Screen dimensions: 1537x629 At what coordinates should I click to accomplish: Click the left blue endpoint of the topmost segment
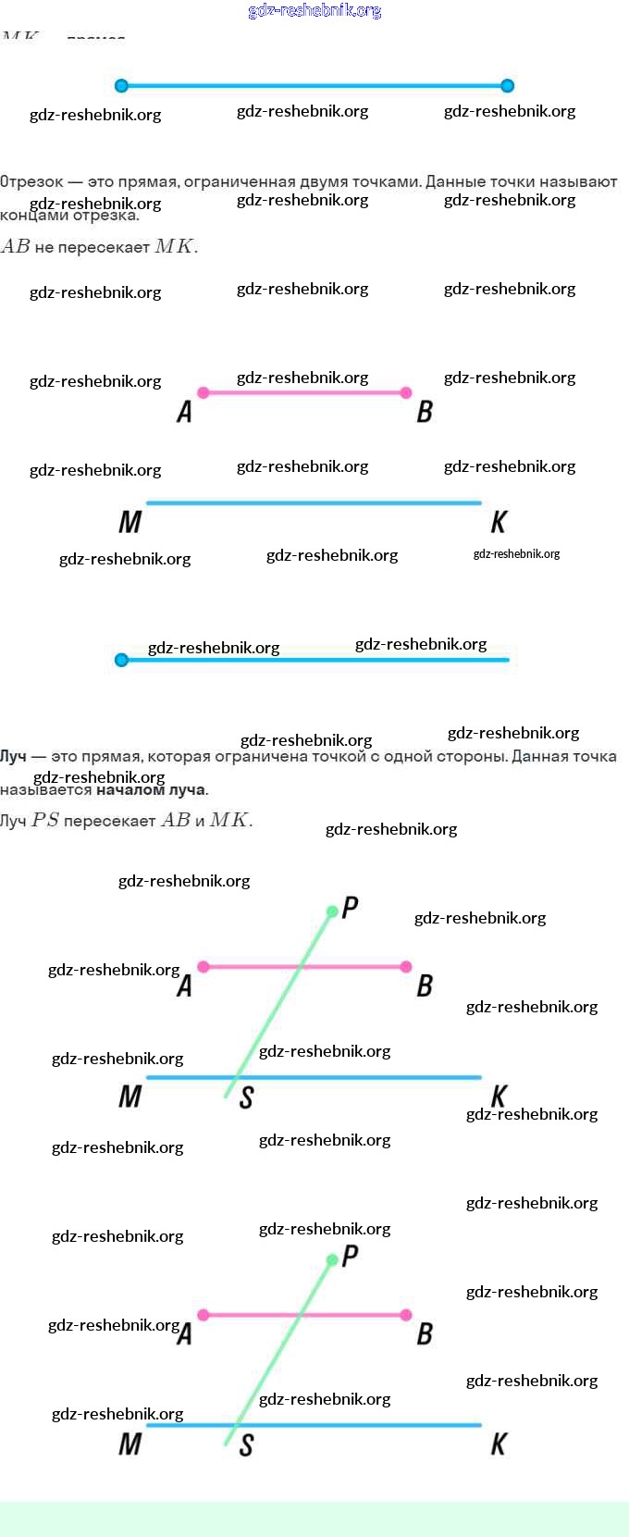121,86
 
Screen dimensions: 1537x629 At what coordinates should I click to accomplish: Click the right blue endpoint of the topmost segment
507,86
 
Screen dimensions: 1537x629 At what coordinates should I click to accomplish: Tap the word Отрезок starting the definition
31,182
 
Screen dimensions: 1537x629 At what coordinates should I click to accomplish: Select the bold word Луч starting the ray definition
13,756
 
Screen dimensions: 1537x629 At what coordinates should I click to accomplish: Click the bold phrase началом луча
151,789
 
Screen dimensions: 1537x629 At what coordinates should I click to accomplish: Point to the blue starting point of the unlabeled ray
121,660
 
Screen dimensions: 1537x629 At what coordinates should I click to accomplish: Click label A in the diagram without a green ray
185,412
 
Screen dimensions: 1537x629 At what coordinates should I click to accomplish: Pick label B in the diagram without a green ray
425,412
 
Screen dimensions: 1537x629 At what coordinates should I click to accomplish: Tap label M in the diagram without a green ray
129,523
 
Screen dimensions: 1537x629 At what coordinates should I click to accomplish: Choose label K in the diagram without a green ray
499,523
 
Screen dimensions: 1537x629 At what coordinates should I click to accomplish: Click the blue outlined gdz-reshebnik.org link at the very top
314,11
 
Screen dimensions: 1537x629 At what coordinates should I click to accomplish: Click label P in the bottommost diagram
350,1256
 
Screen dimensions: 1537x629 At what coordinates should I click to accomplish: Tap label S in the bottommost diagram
246,1445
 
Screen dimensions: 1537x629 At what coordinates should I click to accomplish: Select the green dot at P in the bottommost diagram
332,1259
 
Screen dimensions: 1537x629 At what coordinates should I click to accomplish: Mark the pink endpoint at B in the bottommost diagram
406,1314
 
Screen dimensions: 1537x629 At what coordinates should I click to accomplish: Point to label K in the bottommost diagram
499,1444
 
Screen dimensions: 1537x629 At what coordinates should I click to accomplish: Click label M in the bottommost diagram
129,1444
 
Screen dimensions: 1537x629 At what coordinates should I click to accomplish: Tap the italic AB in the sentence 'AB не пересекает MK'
16,246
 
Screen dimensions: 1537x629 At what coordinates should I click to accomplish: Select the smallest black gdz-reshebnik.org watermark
516,554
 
